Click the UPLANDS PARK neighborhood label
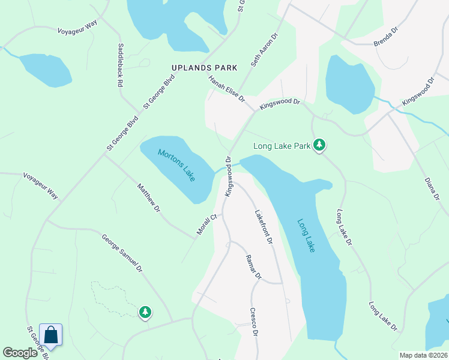[x=205, y=68]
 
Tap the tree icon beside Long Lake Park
[x=320, y=145]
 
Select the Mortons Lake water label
[x=176, y=166]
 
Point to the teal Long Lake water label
[x=306, y=235]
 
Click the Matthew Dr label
[x=148, y=197]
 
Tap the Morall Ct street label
[x=206, y=224]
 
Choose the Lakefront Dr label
[x=264, y=226]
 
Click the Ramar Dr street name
[x=254, y=268]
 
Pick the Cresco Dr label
[x=254, y=322]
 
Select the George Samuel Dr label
[x=121, y=254]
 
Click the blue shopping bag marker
[x=51, y=335]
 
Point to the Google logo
[x=20, y=353]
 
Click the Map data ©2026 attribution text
[x=423, y=355]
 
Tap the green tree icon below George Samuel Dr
[x=145, y=312]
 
